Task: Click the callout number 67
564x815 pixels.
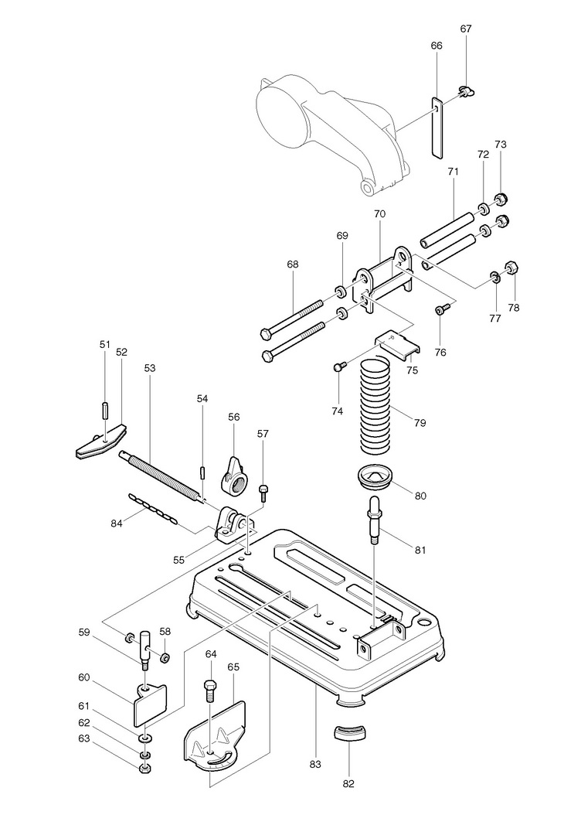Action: click(466, 29)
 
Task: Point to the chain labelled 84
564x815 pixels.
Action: click(153, 508)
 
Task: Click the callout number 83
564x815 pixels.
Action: click(315, 764)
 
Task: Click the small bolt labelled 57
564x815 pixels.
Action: click(263, 491)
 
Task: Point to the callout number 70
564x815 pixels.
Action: click(379, 213)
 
